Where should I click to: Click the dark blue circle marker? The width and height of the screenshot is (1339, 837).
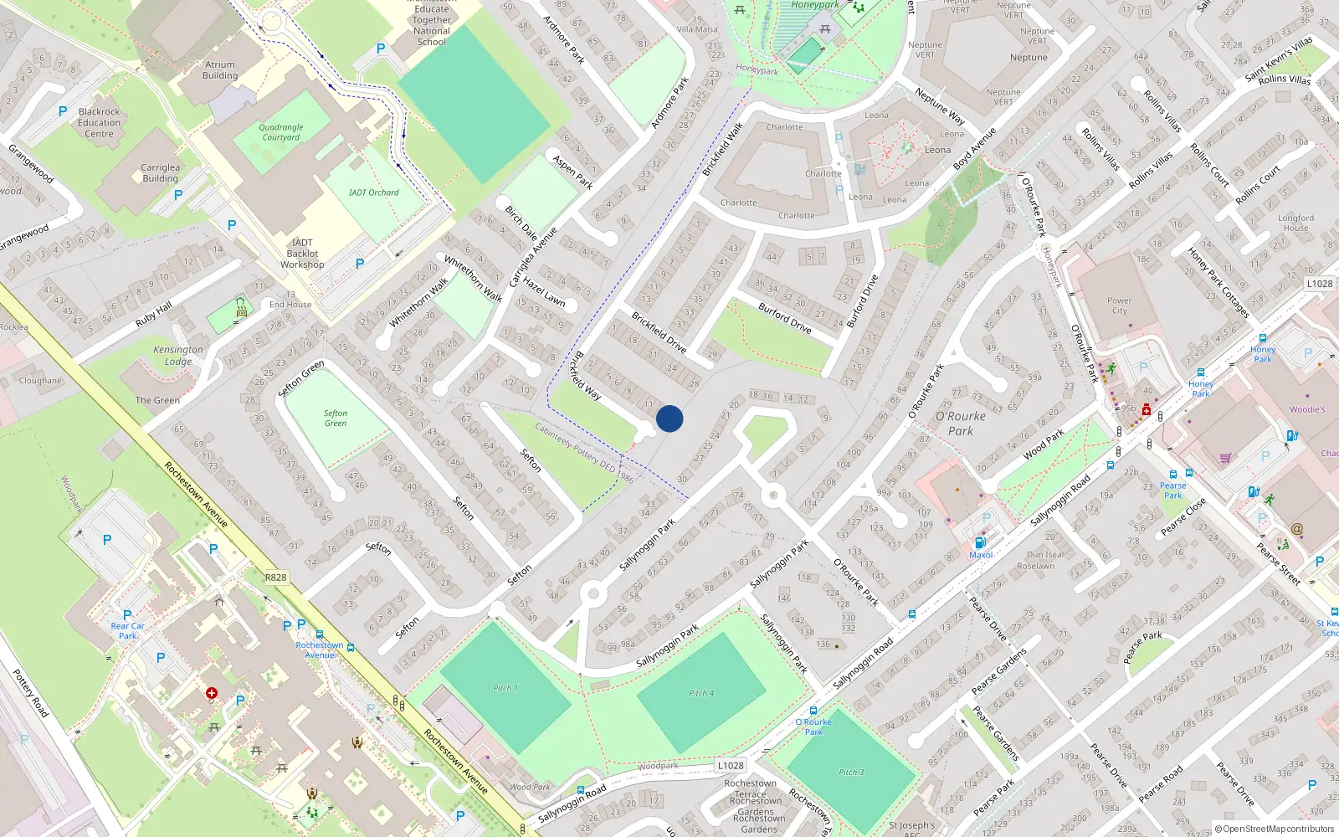pyautogui.click(x=669, y=418)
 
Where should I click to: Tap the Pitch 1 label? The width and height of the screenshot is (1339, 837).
pyautogui.click(x=505, y=688)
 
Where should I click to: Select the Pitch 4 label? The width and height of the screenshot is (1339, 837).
pyautogui.click(x=701, y=693)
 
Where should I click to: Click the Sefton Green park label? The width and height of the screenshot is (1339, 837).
pyautogui.click(x=336, y=418)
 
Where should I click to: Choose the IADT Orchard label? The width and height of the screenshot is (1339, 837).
pyautogui.click(x=373, y=193)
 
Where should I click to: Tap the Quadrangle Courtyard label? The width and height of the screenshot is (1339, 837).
pyautogui.click(x=281, y=132)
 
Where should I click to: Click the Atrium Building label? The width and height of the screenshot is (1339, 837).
pyautogui.click(x=220, y=69)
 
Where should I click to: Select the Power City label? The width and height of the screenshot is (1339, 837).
pyautogui.click(x=1119, y=306)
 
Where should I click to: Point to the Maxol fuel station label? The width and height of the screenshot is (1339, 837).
pyautogui.click(x=981, y=555)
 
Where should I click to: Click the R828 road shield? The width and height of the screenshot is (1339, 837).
pyautogui.click(x=275, y=578)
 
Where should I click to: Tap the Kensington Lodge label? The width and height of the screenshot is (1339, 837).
pyautogui.click(x=178, y=356)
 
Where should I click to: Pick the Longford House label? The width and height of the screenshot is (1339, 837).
pyautogui.click(x=1295, y=223)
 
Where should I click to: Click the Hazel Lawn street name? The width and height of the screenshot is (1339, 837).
pyautogui.click(x=544, y=292)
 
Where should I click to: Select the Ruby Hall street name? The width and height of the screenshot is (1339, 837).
pyautogui.click(x=153, y=314)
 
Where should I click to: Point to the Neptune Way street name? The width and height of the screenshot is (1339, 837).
pyautogui.click(x=939, y=107)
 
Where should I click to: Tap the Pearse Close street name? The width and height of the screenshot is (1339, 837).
pyautogui.click(x=1183, y=517)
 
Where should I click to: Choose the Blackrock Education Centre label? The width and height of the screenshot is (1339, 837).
pyautogui.click(x=100, y=122)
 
